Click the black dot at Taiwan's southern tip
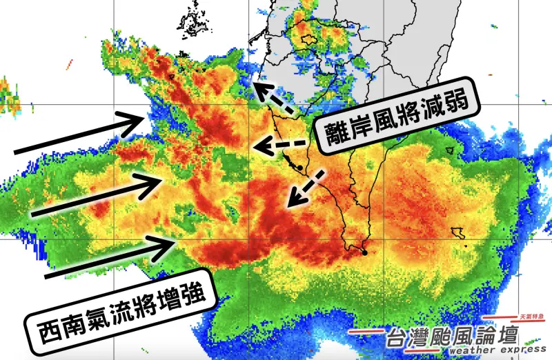(x=364, y=253)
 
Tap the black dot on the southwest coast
(x=302, y=168)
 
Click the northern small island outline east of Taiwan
(x=453, y=148)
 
